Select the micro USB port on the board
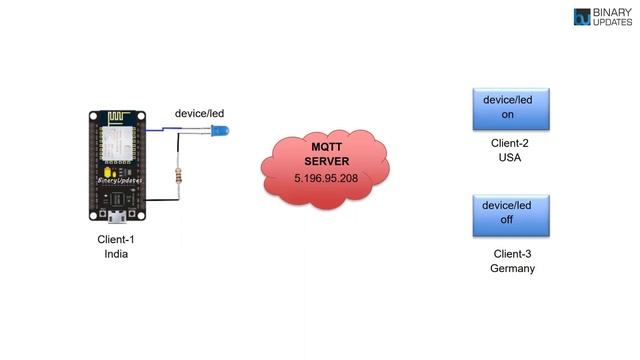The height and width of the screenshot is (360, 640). (x=117, y=214)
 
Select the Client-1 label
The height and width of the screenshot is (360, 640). (x=116, y=239)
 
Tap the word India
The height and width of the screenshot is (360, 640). (x=116, y=254)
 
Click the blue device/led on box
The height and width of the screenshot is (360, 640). (x=512, y=108)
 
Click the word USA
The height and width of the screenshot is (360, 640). (x=512, y=158)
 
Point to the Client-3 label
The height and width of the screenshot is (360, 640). (x=512, y=254)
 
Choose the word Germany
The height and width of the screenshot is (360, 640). (x=512, y=269)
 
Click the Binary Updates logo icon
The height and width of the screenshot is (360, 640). (x=582, y=17)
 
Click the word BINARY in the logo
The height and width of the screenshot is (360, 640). (x=612, y=12)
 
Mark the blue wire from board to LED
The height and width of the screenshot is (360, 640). (x=170, y=129)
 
